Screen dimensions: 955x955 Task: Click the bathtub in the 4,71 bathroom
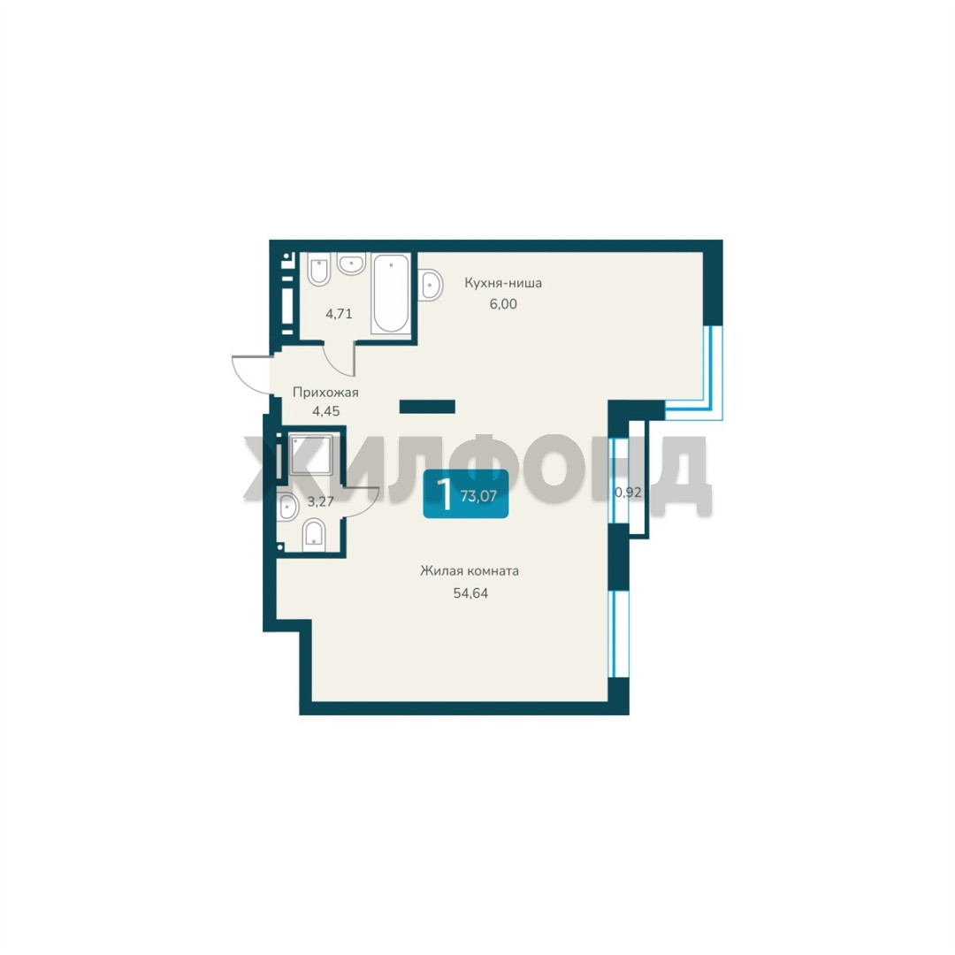(391, 293)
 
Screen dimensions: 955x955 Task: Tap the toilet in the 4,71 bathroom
(319, 269)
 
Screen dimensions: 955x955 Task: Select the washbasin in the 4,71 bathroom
(351, 264)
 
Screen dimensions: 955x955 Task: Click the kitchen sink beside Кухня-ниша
(430, 284)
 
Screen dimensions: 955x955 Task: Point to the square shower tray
(311, 455)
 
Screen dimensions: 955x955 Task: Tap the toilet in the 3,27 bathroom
(314, 535)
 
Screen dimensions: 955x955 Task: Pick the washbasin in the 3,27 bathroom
(286, 507)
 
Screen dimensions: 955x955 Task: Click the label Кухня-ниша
(503, 283)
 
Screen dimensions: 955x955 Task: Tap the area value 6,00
(503, 303)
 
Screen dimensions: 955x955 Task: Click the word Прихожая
(325, 393)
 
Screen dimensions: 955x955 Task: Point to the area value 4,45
(325, 411)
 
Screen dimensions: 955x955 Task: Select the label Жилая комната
(470, 571)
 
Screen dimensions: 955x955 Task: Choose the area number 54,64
(470, 592)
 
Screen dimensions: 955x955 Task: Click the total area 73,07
(478, 496)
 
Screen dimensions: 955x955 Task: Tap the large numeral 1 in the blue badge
(445, 494)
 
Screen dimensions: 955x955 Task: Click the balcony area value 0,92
(629, 493)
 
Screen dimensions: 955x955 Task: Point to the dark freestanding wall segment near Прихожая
(427, 406)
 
